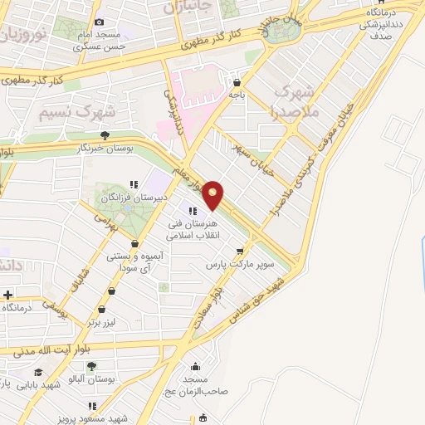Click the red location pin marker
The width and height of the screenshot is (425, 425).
click(213, 195)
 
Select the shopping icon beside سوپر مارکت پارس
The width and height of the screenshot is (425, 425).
click(240, 250)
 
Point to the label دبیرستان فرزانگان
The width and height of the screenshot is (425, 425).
click(134, 198)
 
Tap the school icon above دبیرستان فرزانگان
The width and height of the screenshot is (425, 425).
click(134, 185)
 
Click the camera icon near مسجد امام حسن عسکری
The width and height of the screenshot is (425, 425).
click(100, 22)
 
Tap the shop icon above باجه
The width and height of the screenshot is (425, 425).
click(238, 82)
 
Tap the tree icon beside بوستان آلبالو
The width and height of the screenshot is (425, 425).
click(90, 365)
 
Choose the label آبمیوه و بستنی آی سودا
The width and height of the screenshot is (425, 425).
click(133, 263)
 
